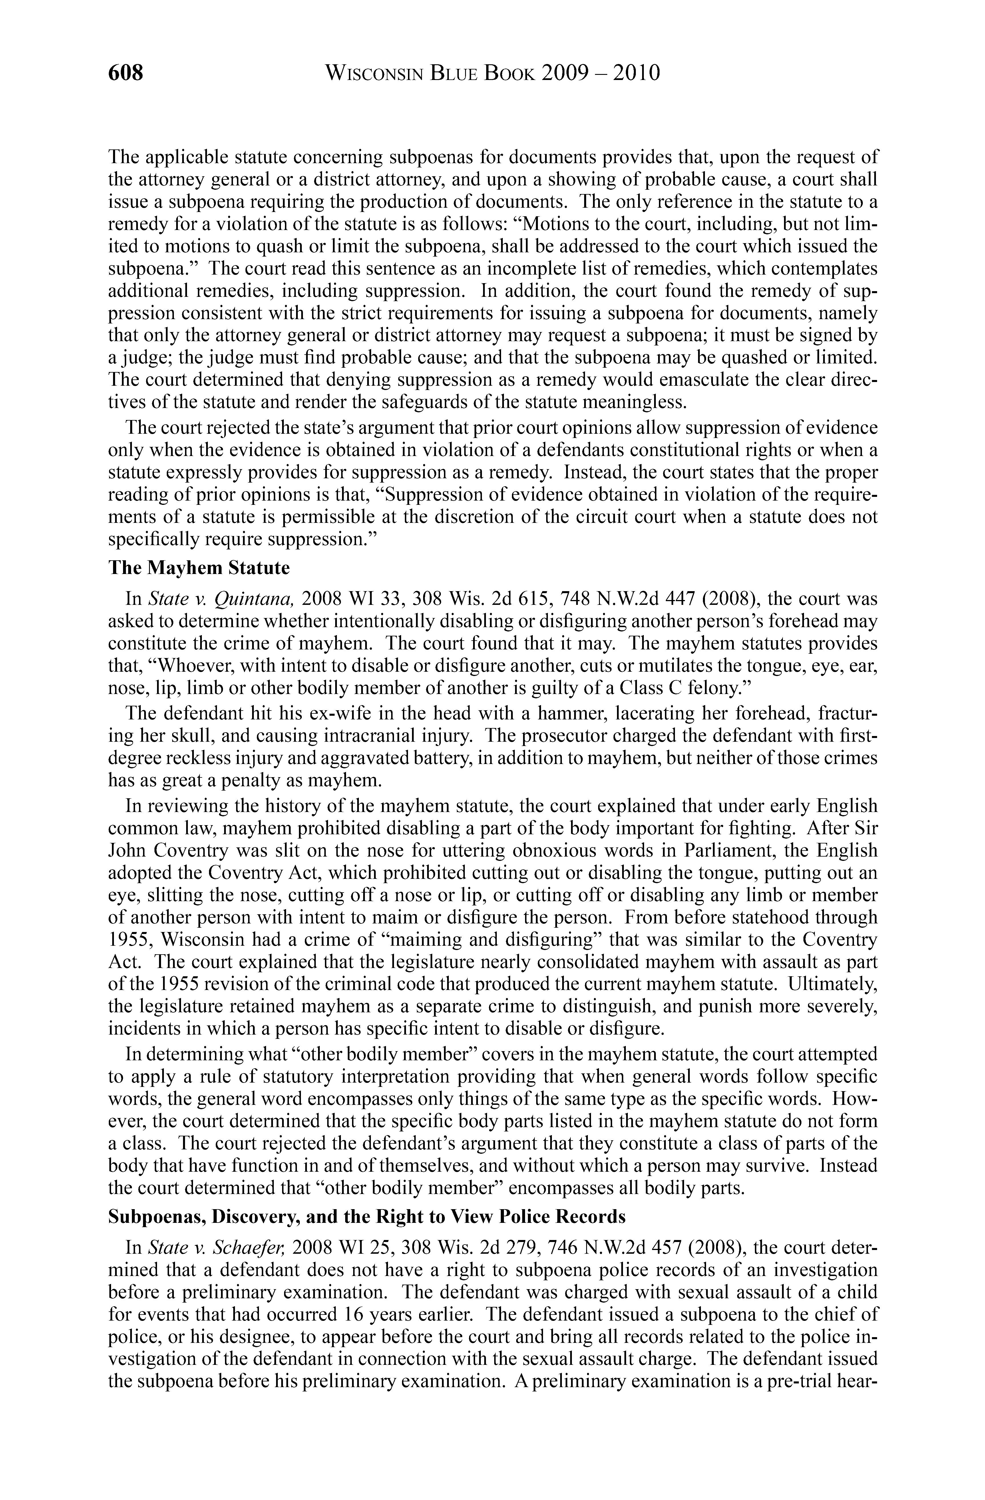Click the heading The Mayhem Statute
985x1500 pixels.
point(199,568)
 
